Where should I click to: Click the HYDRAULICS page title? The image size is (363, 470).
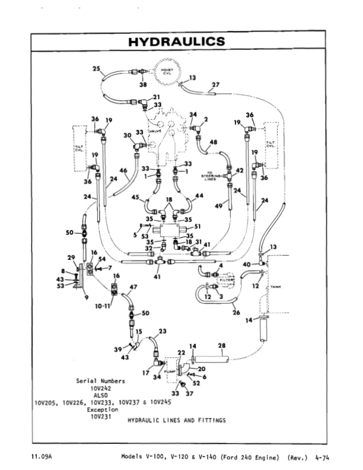tap(177, 42)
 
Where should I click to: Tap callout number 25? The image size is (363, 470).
tap(97, 69)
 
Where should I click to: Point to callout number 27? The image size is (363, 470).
tap(215, 85)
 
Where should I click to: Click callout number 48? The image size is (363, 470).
tap(214, 142)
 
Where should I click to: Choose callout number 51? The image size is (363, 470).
tap(198, 226)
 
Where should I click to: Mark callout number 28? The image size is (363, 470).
tap(222, 345)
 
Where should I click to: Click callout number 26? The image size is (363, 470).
tap(236, 313)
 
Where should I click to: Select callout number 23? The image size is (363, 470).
tap(163, 332)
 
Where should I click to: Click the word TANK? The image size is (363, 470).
tap(276, 287)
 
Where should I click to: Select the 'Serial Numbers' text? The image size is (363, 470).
tap(100, 380)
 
